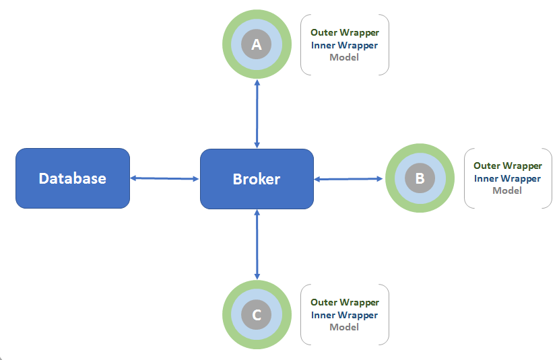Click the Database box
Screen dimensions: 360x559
[x=73, y=178]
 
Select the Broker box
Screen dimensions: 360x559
[x=257, y=178]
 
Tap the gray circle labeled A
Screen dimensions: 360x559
[x=256, y=44]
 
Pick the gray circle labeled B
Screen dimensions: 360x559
[x=420, y=178]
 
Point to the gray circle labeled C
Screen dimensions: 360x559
[x=256, y=314]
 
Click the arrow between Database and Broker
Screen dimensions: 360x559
[x=165, y=178]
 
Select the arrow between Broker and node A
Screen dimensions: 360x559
[x=257, y=113]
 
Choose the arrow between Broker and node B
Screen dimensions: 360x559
[x=349, y=178]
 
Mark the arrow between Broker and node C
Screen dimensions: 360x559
[x=257, y=244]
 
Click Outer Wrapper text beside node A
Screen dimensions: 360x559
[x=344, y=32]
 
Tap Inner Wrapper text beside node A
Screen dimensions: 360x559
[x=344, y=45]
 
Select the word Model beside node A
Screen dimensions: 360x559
[x=344, y=57]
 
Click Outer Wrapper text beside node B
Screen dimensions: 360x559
[x=507, y=166]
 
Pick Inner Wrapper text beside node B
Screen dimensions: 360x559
[x=507, y=178]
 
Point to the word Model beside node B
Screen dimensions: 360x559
[x=507, y=190]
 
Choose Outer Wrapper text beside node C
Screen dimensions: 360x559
[x=344, y=302]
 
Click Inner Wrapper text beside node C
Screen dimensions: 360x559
[x=344, y=315]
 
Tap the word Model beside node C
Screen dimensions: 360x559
[x=344, y=327]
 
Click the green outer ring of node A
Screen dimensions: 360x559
[x=227, y=44]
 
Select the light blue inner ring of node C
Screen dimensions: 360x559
[x=237, y=314]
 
